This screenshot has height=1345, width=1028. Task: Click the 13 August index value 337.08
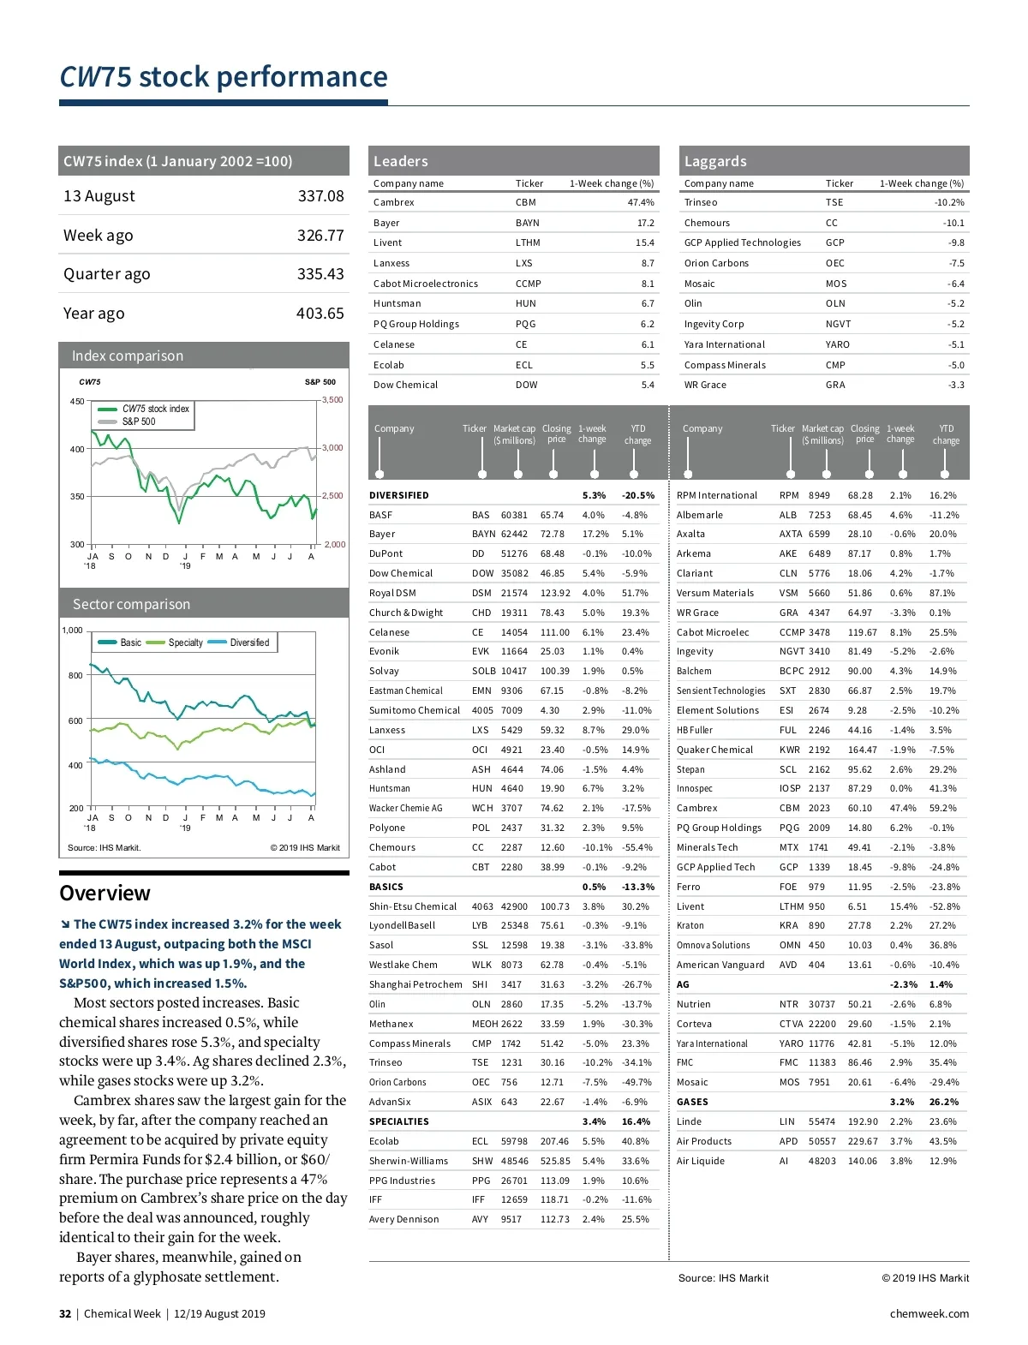pos(320,196)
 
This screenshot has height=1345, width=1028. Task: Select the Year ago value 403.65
pos(320,314)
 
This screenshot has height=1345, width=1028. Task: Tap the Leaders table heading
pos(400,161)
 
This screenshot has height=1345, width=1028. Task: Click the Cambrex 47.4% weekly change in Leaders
pos(640,203)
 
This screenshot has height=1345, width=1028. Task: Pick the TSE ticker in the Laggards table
pos(834,203)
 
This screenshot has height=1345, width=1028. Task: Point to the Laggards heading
pos(715,161)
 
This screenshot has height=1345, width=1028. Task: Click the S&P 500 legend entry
pos(138,421)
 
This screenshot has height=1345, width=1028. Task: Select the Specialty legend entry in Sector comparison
pos(185,643)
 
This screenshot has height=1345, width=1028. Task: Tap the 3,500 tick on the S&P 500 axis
pos(332,400)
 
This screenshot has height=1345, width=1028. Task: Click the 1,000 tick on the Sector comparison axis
pos(72,631)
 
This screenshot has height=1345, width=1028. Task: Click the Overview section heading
pos(105,894)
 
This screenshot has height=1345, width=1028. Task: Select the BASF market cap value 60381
pos(514,516)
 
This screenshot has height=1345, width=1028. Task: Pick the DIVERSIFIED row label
pos(398,496)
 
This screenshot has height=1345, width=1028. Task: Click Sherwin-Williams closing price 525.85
pos(555,1162)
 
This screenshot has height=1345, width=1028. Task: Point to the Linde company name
pos(689,1122)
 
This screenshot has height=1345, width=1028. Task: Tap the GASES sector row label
pos(692,1103)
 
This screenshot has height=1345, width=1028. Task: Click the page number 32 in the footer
pos(65,1314)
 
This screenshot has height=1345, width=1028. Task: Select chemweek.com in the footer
pos(929,1314)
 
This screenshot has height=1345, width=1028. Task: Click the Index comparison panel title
pos(128,356)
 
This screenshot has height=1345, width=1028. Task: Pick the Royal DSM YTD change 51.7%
pos(635,594)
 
